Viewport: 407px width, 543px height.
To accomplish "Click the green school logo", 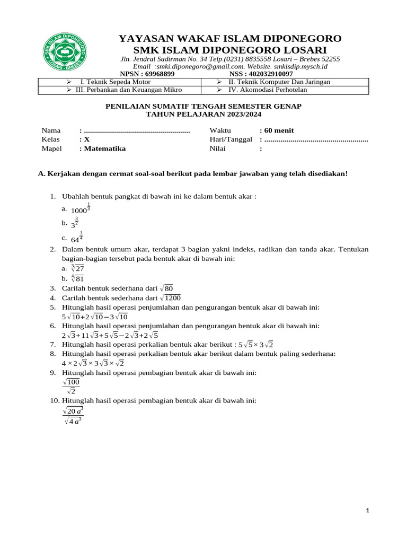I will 64,55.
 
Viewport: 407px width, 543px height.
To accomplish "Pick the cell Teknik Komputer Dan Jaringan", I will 279,82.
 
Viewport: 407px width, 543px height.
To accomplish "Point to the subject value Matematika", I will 104,148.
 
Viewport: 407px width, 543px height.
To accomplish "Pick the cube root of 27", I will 77,268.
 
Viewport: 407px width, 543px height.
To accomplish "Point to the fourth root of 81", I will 77,278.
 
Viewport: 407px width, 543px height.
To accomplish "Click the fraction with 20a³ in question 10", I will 73,416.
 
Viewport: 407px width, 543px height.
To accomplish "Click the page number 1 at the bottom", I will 368,510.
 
